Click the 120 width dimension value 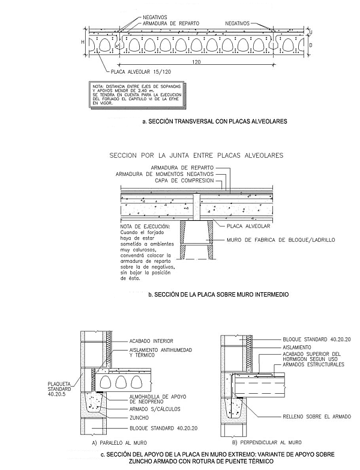click(x=196, y=62)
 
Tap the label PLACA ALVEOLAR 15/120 click(x=141, y=72)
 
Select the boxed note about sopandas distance click(x=137, y=94)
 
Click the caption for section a click(x=215, y=121)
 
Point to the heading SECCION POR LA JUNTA click(x=196, y=155)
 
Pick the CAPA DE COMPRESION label click(x=184, y=181)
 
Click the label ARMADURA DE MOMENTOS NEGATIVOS click(x=165, y=174)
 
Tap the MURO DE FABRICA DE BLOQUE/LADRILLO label click(x=281, y=240)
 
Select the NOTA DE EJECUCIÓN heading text click(x=145, y=226)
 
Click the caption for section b click(x=218, y=294)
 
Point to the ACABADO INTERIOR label click(x=151, y=341)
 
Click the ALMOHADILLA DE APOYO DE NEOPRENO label click(x=158, y=399)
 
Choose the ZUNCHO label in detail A click(x=139, y=418)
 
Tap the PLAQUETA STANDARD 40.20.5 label click(x=59, y=389)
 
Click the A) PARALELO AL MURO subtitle click(x=119, y=442)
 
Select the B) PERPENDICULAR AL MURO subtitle click(x=267, y=442)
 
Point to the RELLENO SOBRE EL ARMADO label click(x=317, y=417)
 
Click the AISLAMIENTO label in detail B click(x=297, y=347)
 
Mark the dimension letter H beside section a click(x=83, y=42)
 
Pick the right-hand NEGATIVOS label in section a click(x=237, y=23)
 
